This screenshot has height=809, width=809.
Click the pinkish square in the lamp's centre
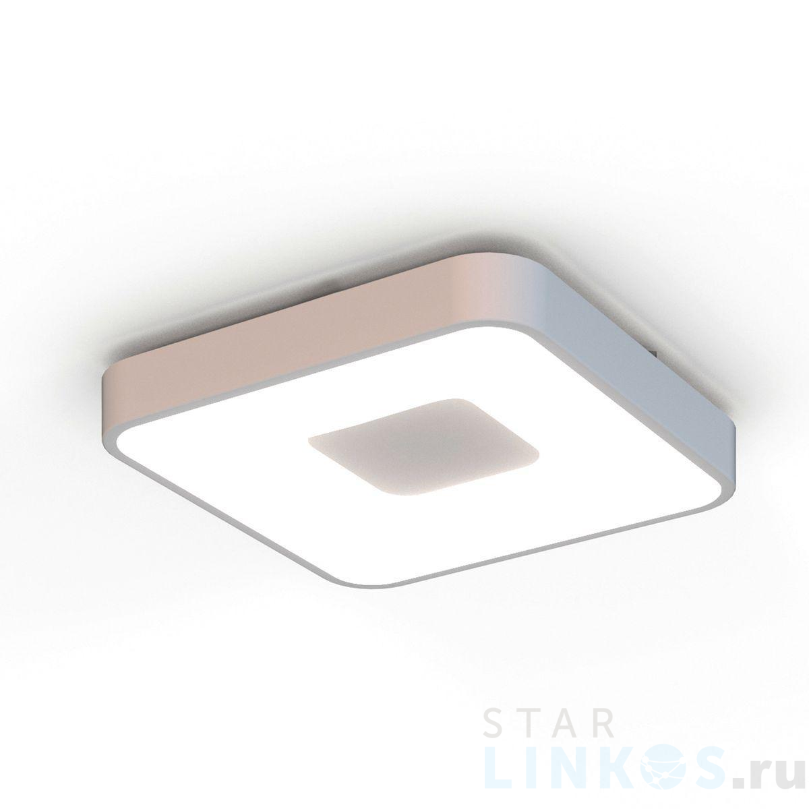pyautogui.click(x=423, y=446)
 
